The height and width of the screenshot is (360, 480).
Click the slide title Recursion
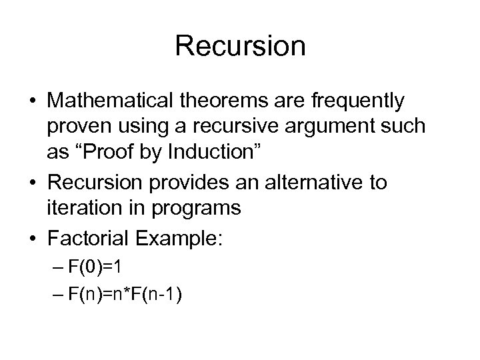[240, 47]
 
